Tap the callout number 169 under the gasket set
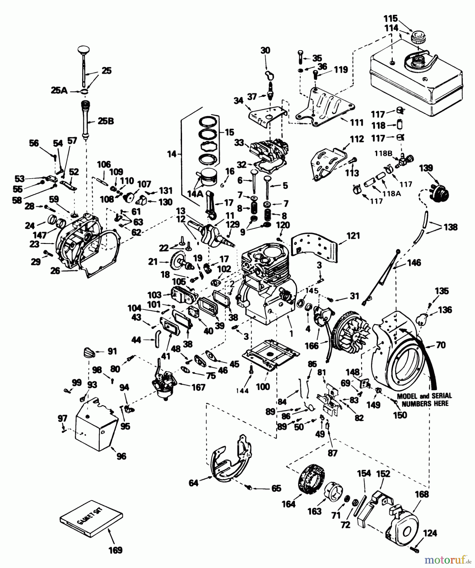[x=115, y=550]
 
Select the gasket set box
[x=91, y=518]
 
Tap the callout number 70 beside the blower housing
[x=440, y=345]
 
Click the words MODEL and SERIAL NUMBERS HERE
[x=425, y=400]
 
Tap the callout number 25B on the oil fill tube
[x=105, y=121]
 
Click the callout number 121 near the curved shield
[x=353, y=236]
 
